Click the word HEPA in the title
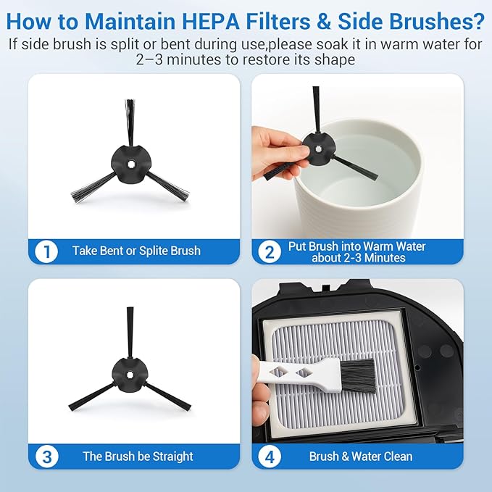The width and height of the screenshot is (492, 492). coord(211,21)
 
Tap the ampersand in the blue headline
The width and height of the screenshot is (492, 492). coord(323,21)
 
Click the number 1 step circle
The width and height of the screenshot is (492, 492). coord(46,251)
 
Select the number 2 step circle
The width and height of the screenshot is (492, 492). coord(270,251)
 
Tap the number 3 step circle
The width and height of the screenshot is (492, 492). coord(47,456)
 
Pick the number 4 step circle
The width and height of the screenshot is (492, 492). coord(270,456)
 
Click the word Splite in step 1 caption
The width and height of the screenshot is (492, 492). coord(153,251)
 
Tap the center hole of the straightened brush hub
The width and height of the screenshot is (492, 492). coord(130,375)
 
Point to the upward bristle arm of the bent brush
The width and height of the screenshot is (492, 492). coord(130,122)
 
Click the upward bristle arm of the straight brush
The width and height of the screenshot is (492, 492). coord(130,333)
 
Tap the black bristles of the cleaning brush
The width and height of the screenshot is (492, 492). coord(359,375)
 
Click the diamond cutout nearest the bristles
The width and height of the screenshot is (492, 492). coord(304,372)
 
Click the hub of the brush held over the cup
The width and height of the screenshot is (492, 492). coord(318,149)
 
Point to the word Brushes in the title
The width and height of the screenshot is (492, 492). coord(411,21)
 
